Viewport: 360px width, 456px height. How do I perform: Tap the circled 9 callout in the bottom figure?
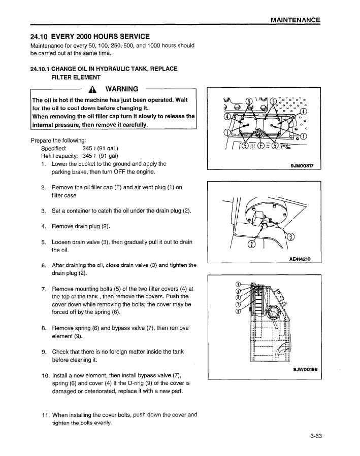click(238, 291)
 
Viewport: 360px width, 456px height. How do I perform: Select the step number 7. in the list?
click(44, 289)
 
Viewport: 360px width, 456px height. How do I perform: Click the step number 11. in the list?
click(44, 414)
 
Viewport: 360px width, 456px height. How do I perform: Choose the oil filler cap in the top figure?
click(259, 133)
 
